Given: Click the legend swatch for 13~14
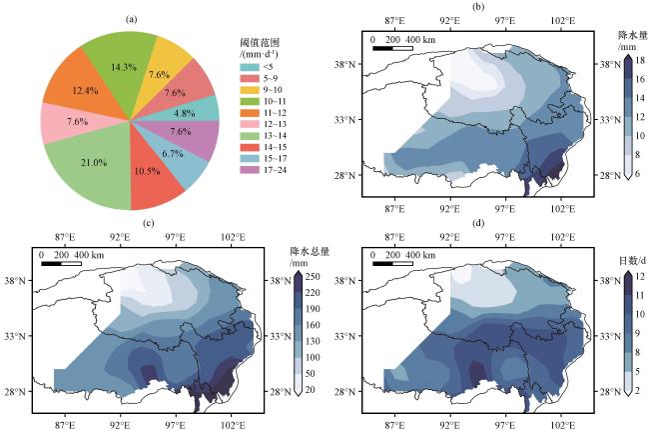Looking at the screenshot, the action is point(250,136).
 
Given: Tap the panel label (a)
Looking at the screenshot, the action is point(132,19).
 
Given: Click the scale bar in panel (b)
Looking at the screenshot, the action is point(392,48).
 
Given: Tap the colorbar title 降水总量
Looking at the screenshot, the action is point(310,252).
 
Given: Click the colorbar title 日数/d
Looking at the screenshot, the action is point(632,261).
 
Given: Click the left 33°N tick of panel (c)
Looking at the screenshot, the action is point(15,336).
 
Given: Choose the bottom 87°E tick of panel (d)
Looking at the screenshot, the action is point(394,425).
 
